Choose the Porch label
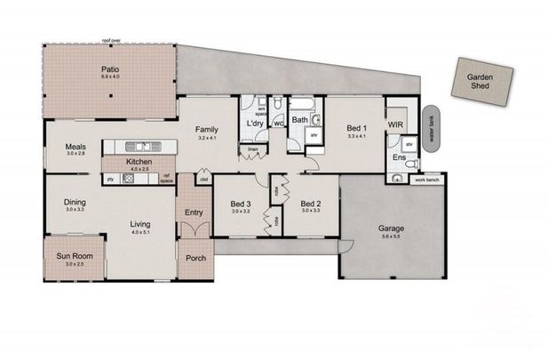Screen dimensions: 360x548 (x=195, y=259)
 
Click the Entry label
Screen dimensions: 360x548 (x=194, y=212)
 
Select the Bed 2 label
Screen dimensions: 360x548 (x=309, y=202)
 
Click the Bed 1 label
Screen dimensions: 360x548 (x=357, y=128)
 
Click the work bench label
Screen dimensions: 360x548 (x=427, y=180)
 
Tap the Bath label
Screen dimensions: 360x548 (x=300, y=118)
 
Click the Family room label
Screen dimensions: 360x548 (x=207, y=130)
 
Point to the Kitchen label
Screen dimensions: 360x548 (x=140, y=162)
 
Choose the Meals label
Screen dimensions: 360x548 (x=75, y=148)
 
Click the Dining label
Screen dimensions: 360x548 (x=75, y=202)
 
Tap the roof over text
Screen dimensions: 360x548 (x=110, y=41)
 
